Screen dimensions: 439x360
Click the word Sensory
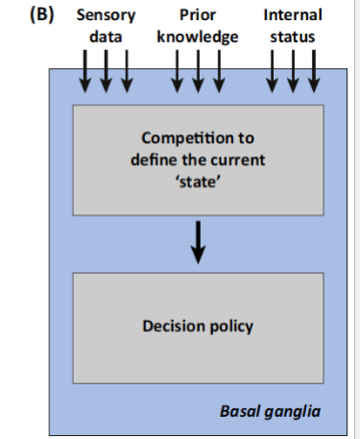coord(105,15)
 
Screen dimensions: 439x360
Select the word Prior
coord(196,15)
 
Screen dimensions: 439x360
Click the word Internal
coord(292,15)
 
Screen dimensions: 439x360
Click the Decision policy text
coord(198,327)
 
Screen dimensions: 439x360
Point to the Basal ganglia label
coord(270,411)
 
